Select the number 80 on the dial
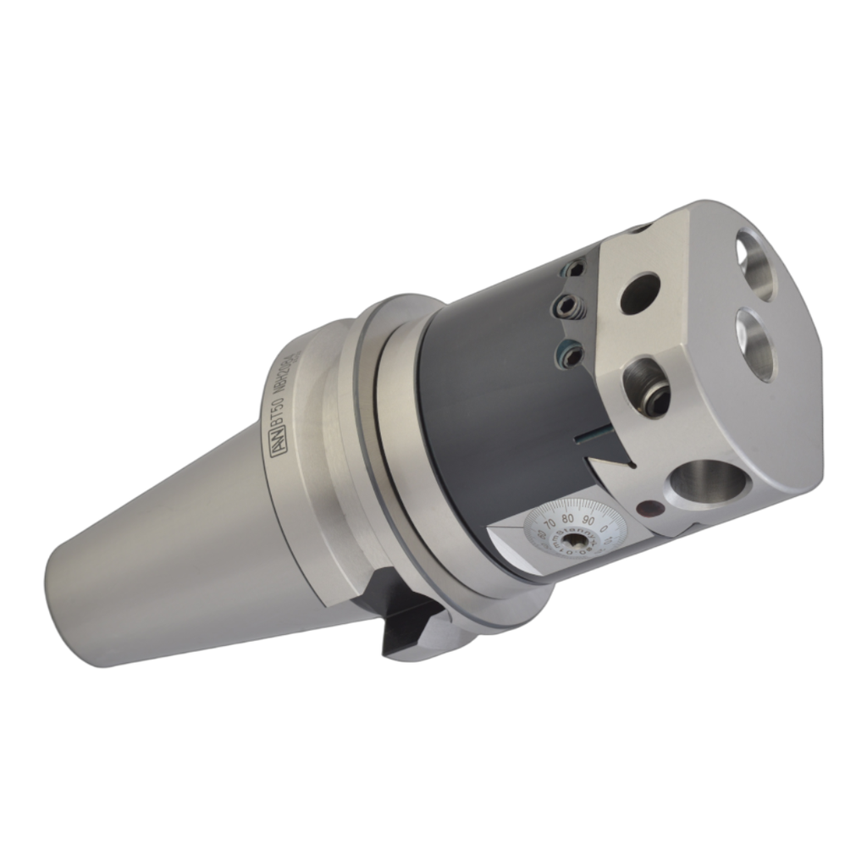pos(568,516)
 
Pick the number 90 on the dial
pos(588,518)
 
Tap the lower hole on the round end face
pos(756,343)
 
